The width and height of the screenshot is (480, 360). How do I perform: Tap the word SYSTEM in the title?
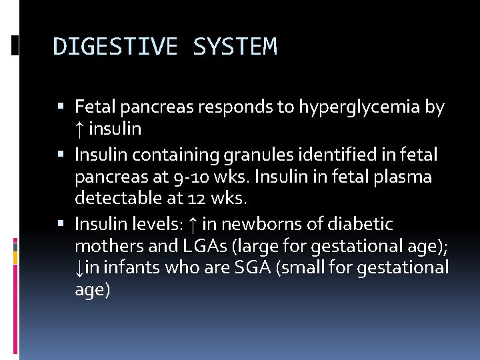coord(235,47)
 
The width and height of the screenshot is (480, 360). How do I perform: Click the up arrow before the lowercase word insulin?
coord(79,129)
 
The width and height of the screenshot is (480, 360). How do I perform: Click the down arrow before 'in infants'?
coord(79,269)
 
